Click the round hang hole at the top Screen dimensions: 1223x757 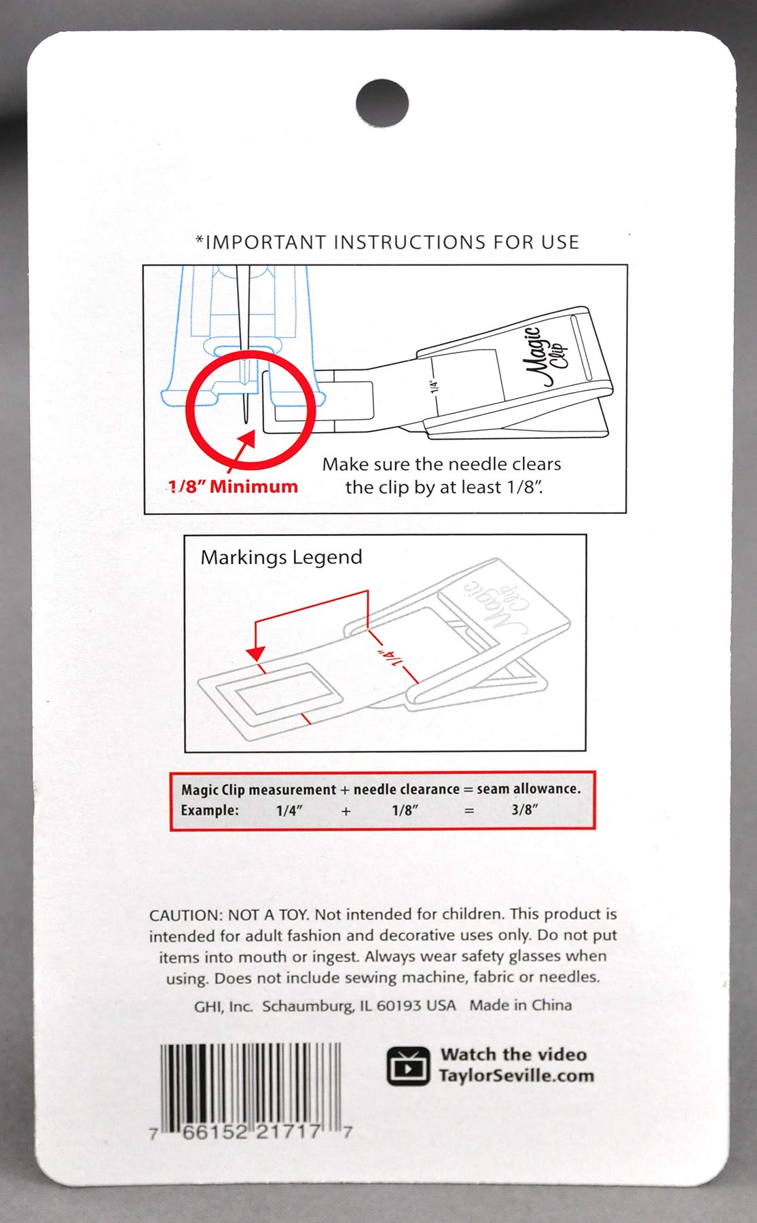click(382, 105)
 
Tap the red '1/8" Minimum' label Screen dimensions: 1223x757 click(234, 486)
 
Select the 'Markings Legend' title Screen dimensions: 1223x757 click(281, 557)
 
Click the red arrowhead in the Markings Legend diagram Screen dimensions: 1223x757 click(255, 654)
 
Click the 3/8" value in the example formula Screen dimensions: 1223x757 click(525, 810)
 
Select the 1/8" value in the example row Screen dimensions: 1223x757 click(405, 810)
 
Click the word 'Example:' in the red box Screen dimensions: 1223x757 click(210, 810)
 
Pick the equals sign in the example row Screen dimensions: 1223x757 click(468, 811)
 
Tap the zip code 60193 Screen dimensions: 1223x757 click(400, 1006)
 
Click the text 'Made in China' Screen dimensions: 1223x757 click(521, 1005)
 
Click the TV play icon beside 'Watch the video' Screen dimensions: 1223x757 click(408, 1065)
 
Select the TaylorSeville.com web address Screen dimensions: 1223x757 click(516, 1076)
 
